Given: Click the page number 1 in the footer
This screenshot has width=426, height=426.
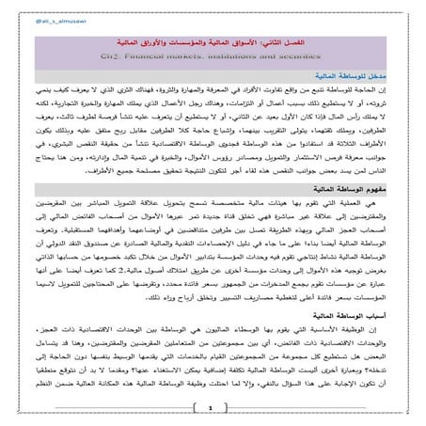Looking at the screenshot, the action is pos(213,407).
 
